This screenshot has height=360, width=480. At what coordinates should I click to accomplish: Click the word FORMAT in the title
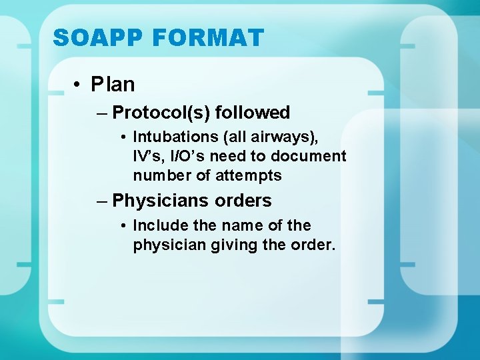(x=209, y=37)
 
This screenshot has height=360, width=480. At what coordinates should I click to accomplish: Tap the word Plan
(x=113, y=85)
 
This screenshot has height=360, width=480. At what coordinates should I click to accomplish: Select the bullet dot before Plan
(x=79, y=85)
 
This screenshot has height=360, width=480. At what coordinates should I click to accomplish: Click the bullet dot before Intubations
(x=125, y=138)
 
